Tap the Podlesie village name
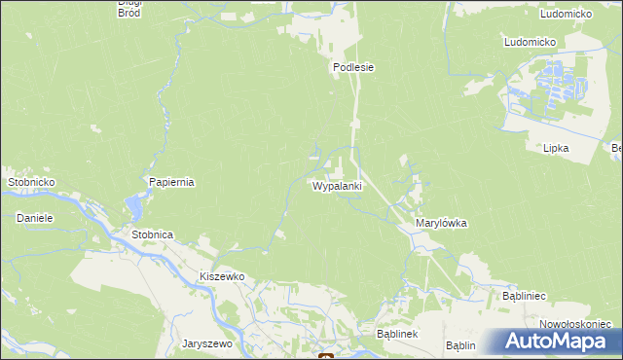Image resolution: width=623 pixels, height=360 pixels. tap(354, 68)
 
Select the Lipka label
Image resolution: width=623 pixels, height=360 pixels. tap(556, 148)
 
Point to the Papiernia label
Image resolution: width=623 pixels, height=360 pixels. tap(172, 182)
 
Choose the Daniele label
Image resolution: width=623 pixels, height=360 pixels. tap(34, 218)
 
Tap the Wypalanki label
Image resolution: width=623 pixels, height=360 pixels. tap(337, 185)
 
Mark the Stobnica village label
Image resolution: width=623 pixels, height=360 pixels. tap(152, 234)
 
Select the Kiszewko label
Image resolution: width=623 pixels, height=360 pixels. tap(221, 276)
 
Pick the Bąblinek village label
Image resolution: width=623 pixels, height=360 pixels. tap(397, 334)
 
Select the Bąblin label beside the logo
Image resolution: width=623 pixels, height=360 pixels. tap(460, 345)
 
